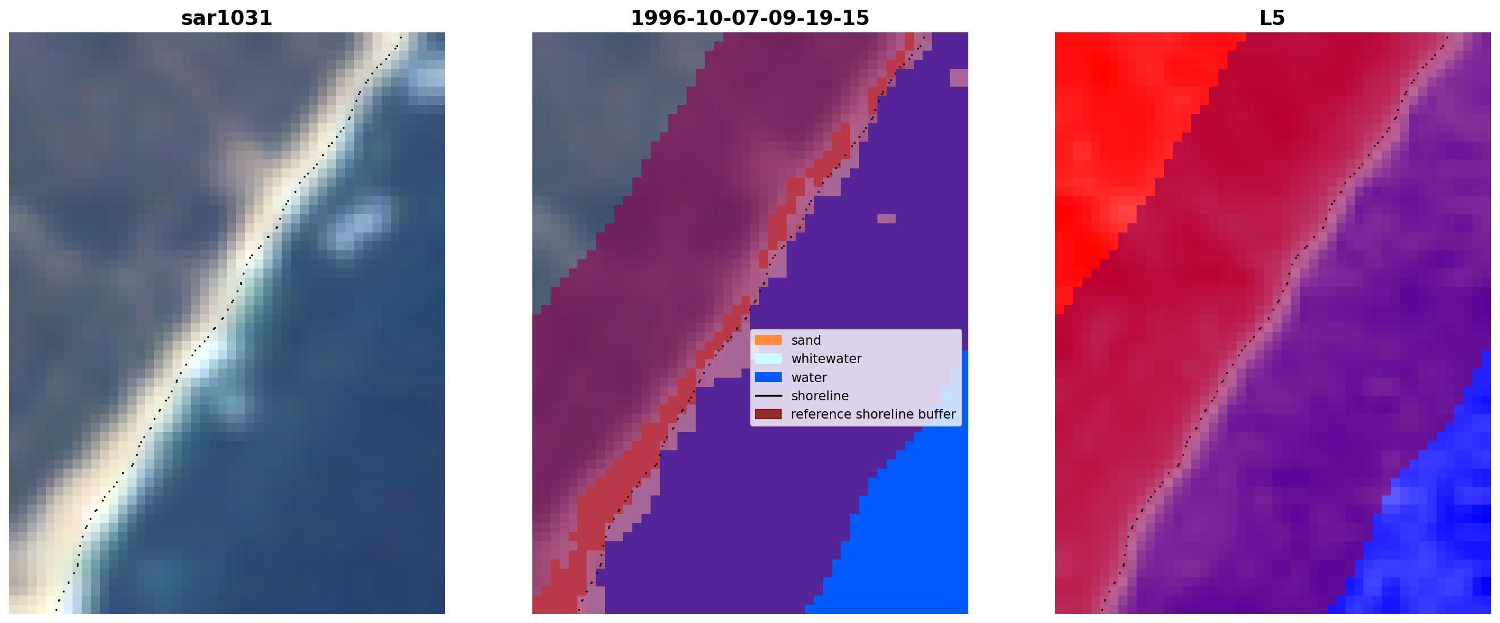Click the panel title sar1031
pos(227,18)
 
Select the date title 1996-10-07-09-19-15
pos(750,18)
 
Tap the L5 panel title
pos(1273,18)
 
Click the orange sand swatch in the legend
pos(768,340)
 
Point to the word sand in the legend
pos(806,340)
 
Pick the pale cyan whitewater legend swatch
pos(768,359)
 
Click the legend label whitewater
pos(826,359)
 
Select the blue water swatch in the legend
pos(768,377)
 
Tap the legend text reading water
pos(809,378)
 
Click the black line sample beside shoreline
pos(768,396)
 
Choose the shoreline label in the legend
pos(820,396)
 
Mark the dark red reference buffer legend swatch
pos(768,414)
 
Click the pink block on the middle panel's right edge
pos(959,77)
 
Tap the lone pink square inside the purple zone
pos(887,218)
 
